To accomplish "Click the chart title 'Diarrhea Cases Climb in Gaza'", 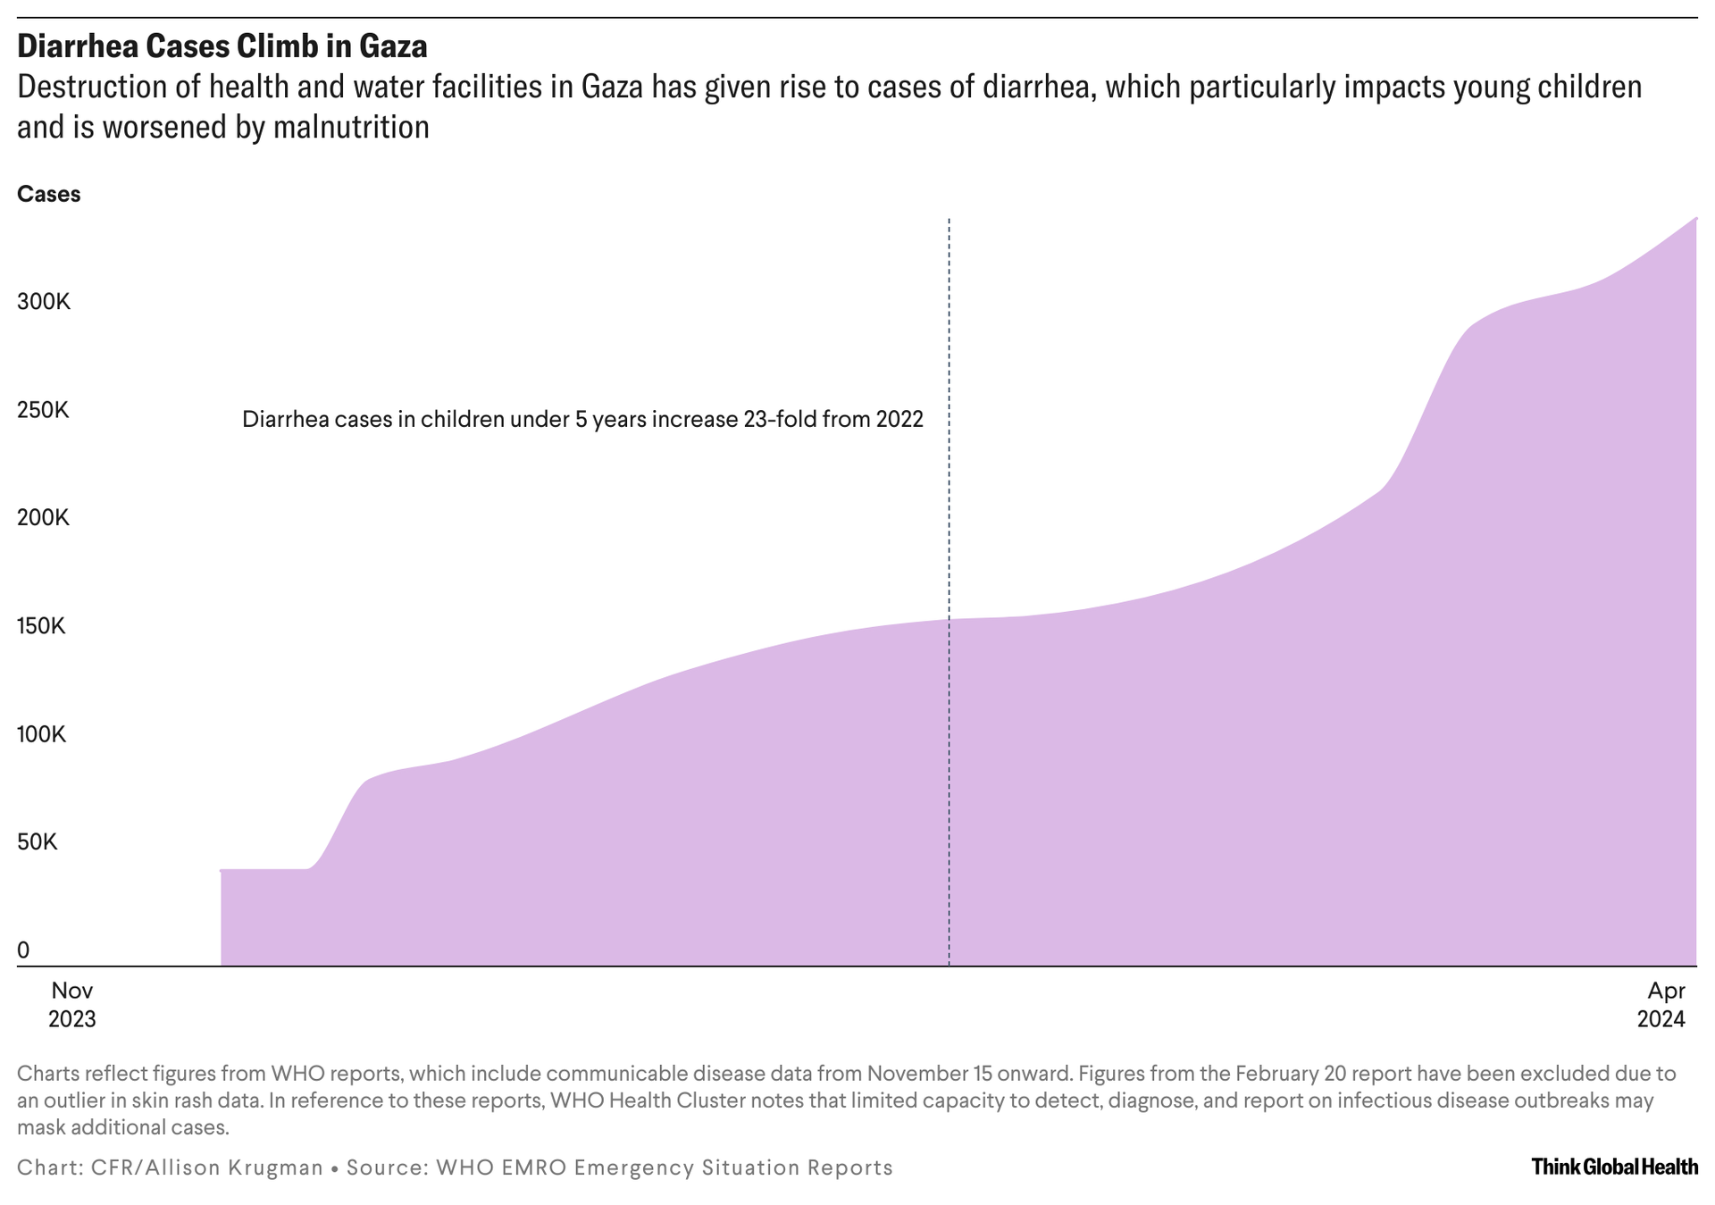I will (x=222, y=46).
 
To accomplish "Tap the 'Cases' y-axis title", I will (x=48, y=194).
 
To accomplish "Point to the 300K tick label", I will (x=43, y=301).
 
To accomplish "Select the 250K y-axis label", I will (x=43, y=410).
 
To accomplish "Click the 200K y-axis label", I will (x=43, y=517).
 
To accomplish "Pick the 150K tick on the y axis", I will (x=41, y=625).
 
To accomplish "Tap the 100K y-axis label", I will (x=41, y=734).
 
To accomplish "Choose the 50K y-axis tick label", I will (x=37, y=841).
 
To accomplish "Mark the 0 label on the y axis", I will (x=23, y=950).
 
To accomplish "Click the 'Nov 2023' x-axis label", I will (x=71, y=1004).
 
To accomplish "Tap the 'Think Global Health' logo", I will (x=1614, y=1166).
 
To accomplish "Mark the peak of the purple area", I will (x=1694, y=220).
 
